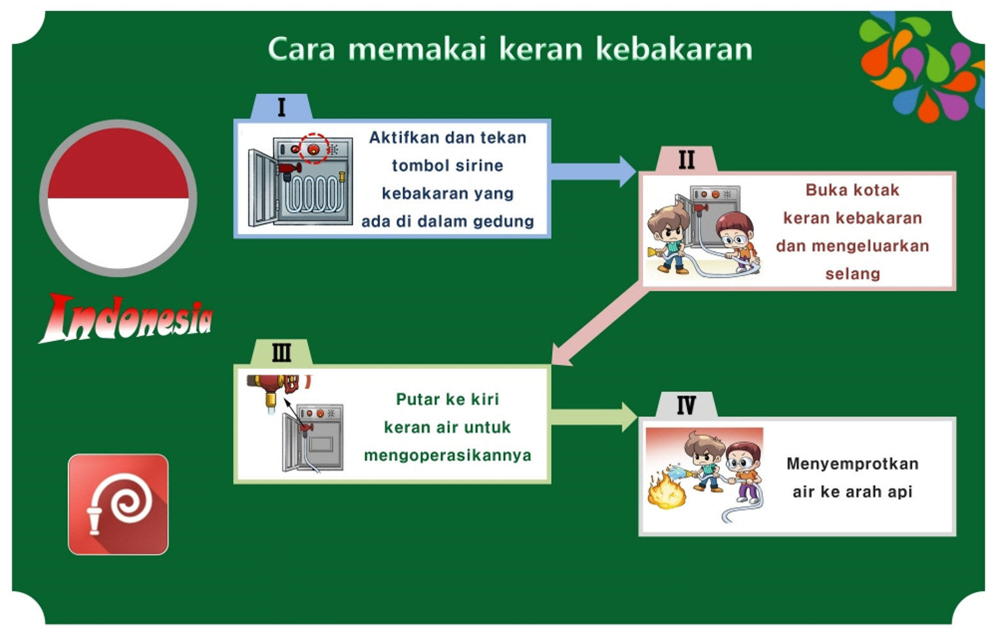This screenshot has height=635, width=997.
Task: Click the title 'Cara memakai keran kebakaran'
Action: (x=510, y=49)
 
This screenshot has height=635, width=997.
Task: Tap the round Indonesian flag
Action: (x=118, y=198)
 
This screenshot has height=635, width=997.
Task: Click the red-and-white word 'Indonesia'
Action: (x=126, y=318)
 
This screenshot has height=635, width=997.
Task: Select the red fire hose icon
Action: (x=118, y=504)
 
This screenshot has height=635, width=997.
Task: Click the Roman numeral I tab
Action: (x=281, y=107)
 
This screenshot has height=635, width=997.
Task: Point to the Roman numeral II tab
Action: (x=686, y=160)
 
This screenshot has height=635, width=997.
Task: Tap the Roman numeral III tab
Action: (x=281, y=352)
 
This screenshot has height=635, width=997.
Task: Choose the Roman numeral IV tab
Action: (x=686, y=405)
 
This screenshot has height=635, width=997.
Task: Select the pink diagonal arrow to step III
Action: (x=599, y=327)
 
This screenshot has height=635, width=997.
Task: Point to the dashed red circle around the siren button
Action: (x=314, y=148)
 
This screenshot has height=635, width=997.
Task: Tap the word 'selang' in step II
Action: (x=852, y=274)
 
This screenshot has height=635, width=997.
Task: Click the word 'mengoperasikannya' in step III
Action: (x=447, y=455)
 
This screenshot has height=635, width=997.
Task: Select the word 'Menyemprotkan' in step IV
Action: (x=852, y=464)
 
